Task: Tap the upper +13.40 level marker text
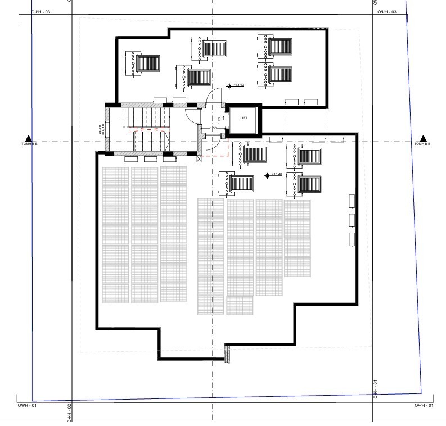(x=238, y=85)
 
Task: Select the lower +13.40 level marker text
(x=276, y=175)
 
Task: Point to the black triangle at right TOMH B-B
(x=424, y=138)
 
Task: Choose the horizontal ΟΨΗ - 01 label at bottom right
(x=424, y=405)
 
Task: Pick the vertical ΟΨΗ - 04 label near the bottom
(x=374, y=389)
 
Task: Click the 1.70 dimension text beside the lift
(x=218, y=118)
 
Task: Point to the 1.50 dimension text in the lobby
(x=214, y=129)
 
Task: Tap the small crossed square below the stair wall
(x=200, y=158)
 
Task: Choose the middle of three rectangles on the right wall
(x=353, y=219)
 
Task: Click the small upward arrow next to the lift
(x=224, y=119)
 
